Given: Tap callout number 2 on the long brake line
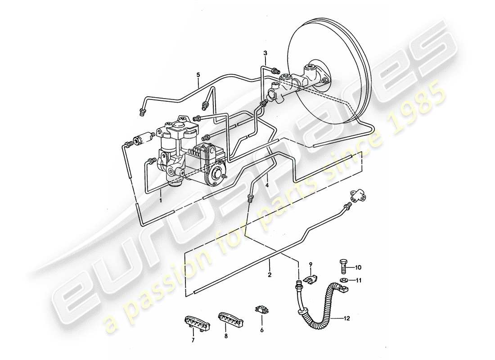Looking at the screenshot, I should click(x=270, y=274).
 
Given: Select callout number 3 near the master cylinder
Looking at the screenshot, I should click(x=265, y=54).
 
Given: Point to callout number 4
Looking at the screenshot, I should click(x=267, y=185).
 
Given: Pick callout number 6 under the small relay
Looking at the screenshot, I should click(x=262, y=330).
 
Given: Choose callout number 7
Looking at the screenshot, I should click(x=193, y=340).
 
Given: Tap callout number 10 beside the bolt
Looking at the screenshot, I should click(x=358, y=267).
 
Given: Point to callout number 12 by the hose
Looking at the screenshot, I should click(x=346, y=319).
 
